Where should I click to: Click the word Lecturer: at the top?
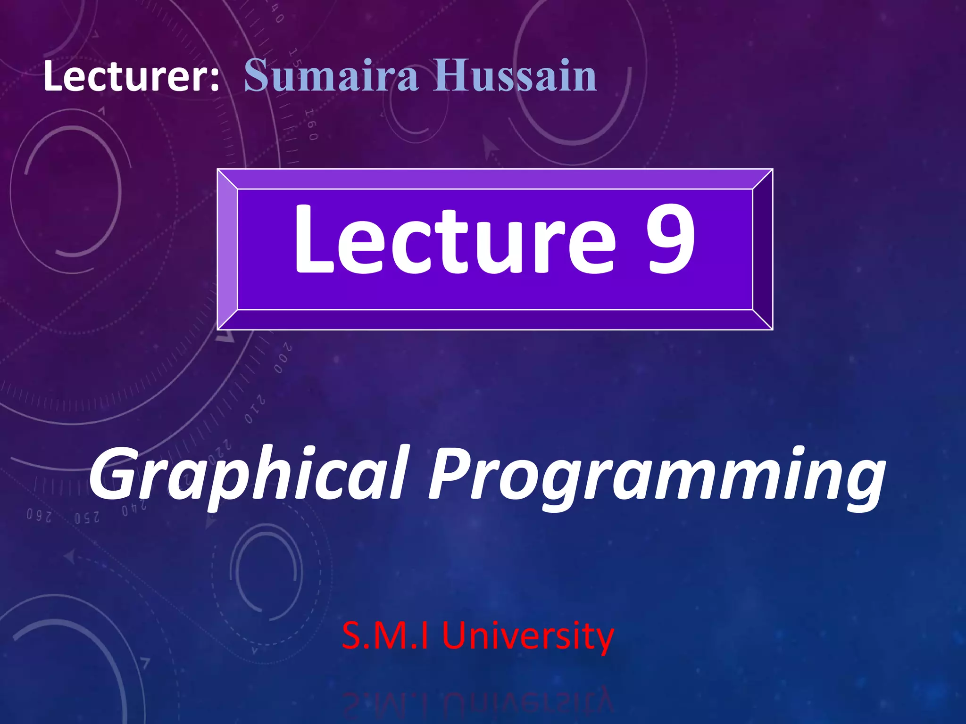pyautogui.click(x=131, y=76)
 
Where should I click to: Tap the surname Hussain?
pyautogui.click(x=516, y=75)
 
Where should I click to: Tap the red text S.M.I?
pyautogui.click(x=385, y=635)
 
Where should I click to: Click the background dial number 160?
pyautogui.click(x=311, y=125)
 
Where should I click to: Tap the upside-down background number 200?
pyautogui.click(x=283, y=359)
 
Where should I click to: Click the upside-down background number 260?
pyautogui.click(x=39, y=515)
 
